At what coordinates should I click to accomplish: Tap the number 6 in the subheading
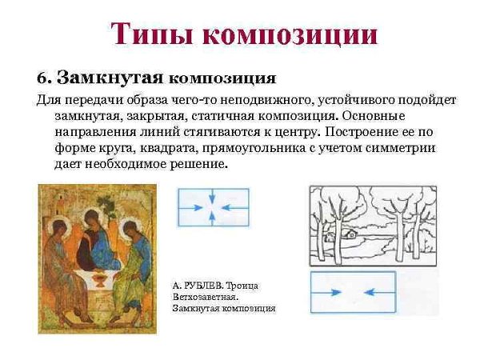[x=42, y=78]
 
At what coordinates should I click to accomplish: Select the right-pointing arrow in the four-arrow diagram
[x=190, y=206]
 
